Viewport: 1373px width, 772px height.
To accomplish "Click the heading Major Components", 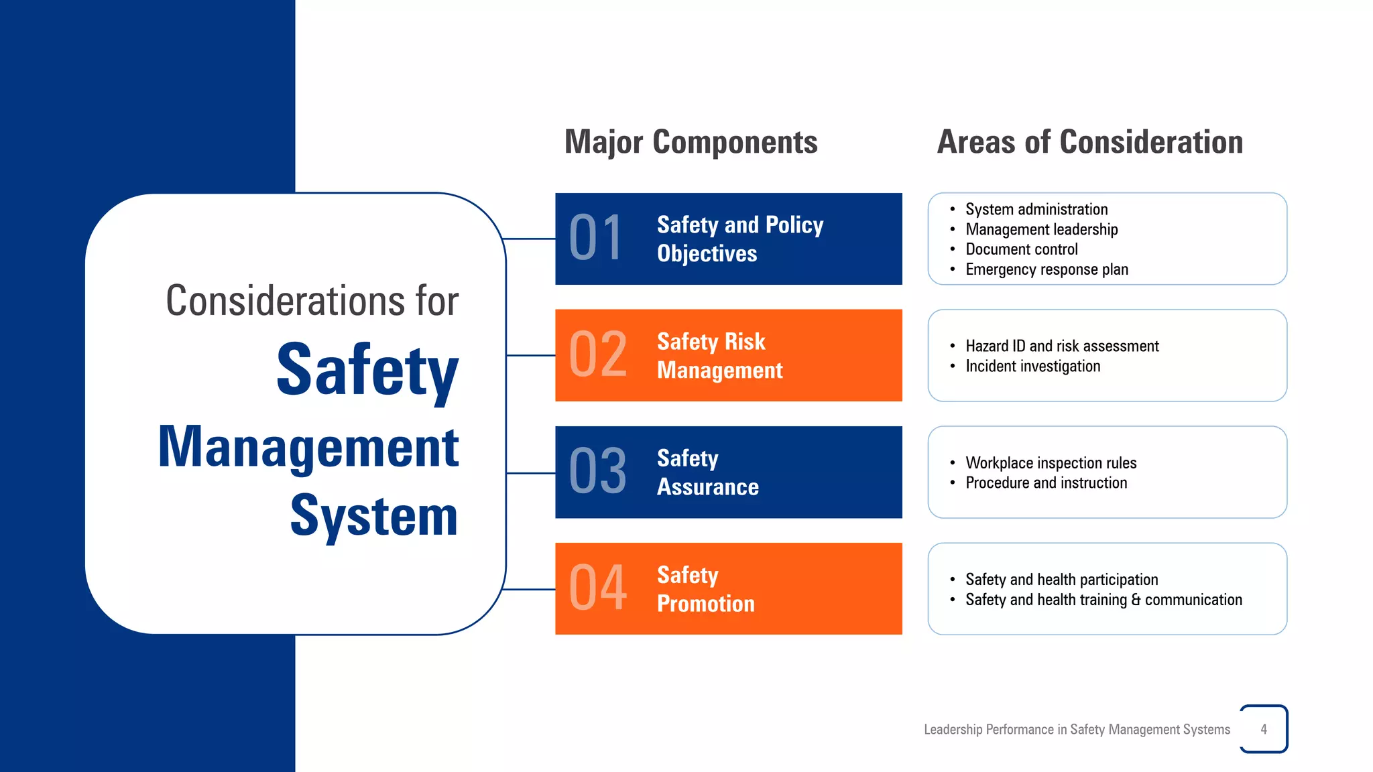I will point(691,142).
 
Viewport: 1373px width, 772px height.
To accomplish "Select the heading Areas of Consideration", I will point(1089,142).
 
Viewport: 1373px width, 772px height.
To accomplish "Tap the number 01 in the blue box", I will point(596,239).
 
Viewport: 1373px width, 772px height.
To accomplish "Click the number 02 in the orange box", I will point(597,355).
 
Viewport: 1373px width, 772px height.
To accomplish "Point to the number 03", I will point(597,472).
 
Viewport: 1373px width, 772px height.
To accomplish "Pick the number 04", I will point(597,588).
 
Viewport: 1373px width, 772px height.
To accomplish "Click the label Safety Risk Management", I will point(719,356).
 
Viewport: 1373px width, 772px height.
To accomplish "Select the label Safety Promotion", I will point(705,589).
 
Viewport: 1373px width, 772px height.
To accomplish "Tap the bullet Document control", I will point(1021,249).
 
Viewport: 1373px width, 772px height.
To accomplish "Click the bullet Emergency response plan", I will point(1046,269).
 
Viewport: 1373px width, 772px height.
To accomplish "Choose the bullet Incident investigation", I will point(1032,367).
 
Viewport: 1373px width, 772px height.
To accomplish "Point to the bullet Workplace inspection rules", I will point(1051,463).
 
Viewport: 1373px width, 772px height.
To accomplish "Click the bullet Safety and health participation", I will point(1061,580).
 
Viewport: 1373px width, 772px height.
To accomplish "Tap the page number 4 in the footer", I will point(1264,729).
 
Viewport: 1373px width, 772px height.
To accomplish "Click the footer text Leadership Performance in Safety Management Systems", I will point(1077,729).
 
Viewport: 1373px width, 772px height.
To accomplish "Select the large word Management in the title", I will point(308,448).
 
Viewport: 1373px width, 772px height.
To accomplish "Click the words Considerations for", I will point(312,301).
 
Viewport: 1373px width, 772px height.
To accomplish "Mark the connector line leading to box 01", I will point(530,239).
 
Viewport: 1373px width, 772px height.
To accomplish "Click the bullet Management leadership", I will point(1041,229).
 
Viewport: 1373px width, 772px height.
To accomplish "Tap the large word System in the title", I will point(373,516).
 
